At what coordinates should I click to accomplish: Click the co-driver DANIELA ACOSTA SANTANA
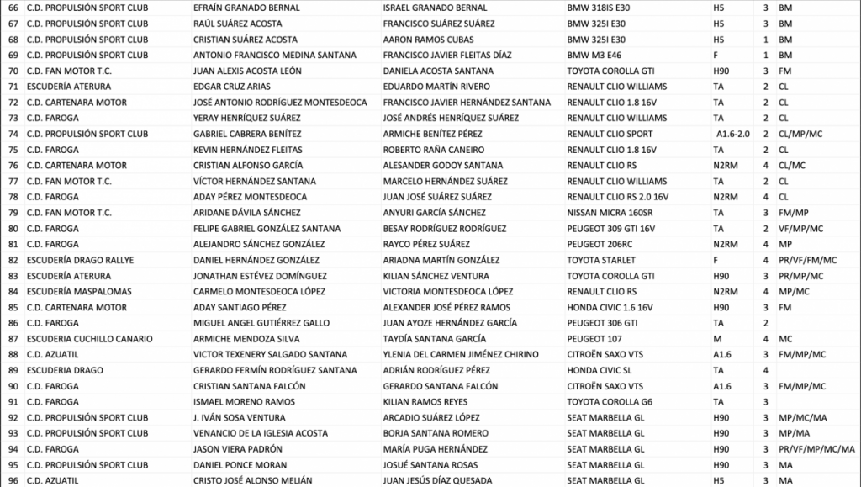coord(438,71)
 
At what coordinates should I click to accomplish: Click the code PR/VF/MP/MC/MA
coord(816,449)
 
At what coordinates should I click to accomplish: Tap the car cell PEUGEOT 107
coord(596,339)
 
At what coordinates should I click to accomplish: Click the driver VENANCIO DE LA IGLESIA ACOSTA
coord(261,433)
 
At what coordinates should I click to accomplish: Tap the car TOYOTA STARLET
coord(601,260)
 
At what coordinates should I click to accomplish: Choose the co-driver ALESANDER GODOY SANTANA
coord(442,166)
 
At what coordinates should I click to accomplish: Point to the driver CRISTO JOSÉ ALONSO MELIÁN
coord(252,480)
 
